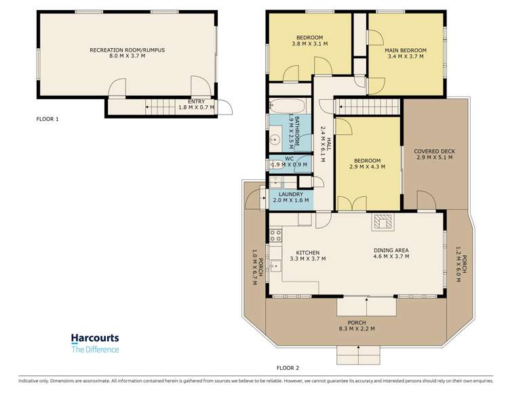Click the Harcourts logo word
coord(95,338)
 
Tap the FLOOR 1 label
coord(47,119)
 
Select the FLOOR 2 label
coord(288,368)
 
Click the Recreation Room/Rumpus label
coord(128,50)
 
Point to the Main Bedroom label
coord(406,50)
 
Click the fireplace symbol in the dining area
coord(383,222)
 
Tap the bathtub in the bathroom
coord(288,106)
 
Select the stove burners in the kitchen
coord(276,235)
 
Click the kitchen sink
coord(275,266)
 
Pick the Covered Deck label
coord(435,151)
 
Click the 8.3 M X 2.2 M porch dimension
coord(357,328)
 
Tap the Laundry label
coord(291,194)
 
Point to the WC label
coord(290,159)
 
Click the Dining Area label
coord(391,250)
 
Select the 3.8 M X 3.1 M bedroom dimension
coord(310,43)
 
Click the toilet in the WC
coord(273,164)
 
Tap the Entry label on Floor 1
coord(196,102)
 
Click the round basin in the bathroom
coord(275,140)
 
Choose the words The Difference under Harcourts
coord(95,349)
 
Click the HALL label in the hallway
coord(329,145)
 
